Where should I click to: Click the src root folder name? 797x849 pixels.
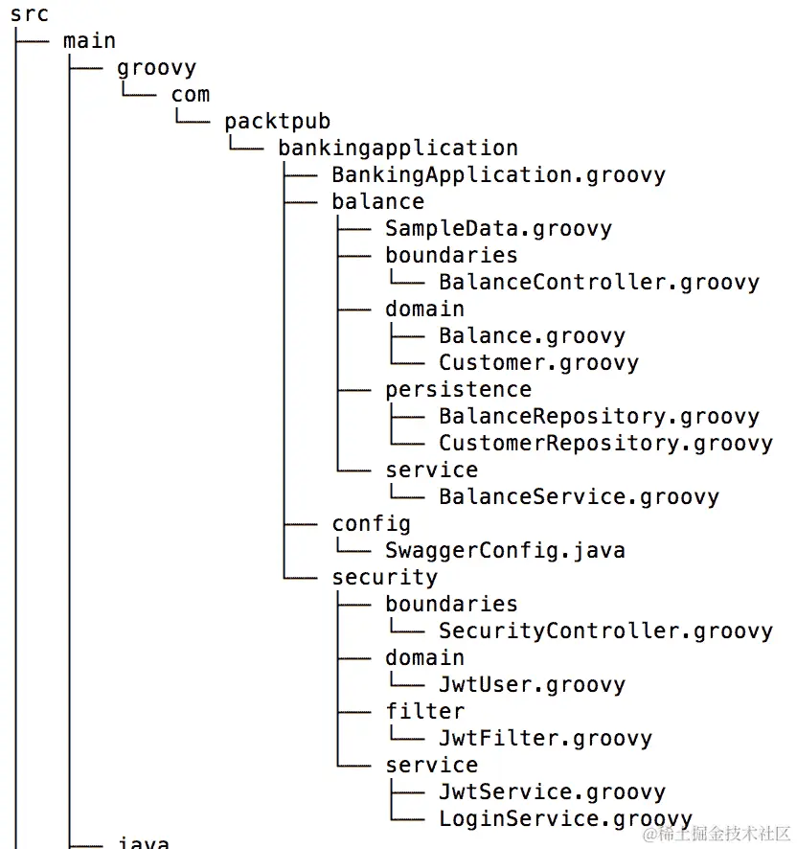click(x=30, y=14)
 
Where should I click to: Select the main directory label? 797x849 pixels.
click(x=89, y=41)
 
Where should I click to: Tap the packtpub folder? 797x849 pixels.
click(x=277, y=122)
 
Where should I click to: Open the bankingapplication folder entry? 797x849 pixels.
click(x=398, y=149)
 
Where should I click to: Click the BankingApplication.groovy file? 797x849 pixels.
click(x=498, y=175)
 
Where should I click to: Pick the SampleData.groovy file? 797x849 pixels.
click(x=498, y=229)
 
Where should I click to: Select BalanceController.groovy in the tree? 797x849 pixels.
click(x=599, y=283)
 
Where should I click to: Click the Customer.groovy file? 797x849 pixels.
click(x=538, y=363)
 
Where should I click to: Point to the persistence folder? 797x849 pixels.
click(x=458, y=390)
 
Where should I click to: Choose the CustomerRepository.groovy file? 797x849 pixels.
click(x=605, y=444)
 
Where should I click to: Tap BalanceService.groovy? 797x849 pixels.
click(x=579, y=497)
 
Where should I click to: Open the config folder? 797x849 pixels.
click(x=371, y=524)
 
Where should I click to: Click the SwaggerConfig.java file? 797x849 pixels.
click(x=505, y=551)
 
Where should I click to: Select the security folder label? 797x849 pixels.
click(x=384, y=578)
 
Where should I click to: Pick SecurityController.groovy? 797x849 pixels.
click(x=605, y=631)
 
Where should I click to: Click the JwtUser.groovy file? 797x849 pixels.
click(x=532, y=685)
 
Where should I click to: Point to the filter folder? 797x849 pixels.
click(x=424, y=712)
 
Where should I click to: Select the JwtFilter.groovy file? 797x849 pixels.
click(x=545, y=739)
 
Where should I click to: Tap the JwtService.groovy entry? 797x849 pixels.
click(x=552, y=792)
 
